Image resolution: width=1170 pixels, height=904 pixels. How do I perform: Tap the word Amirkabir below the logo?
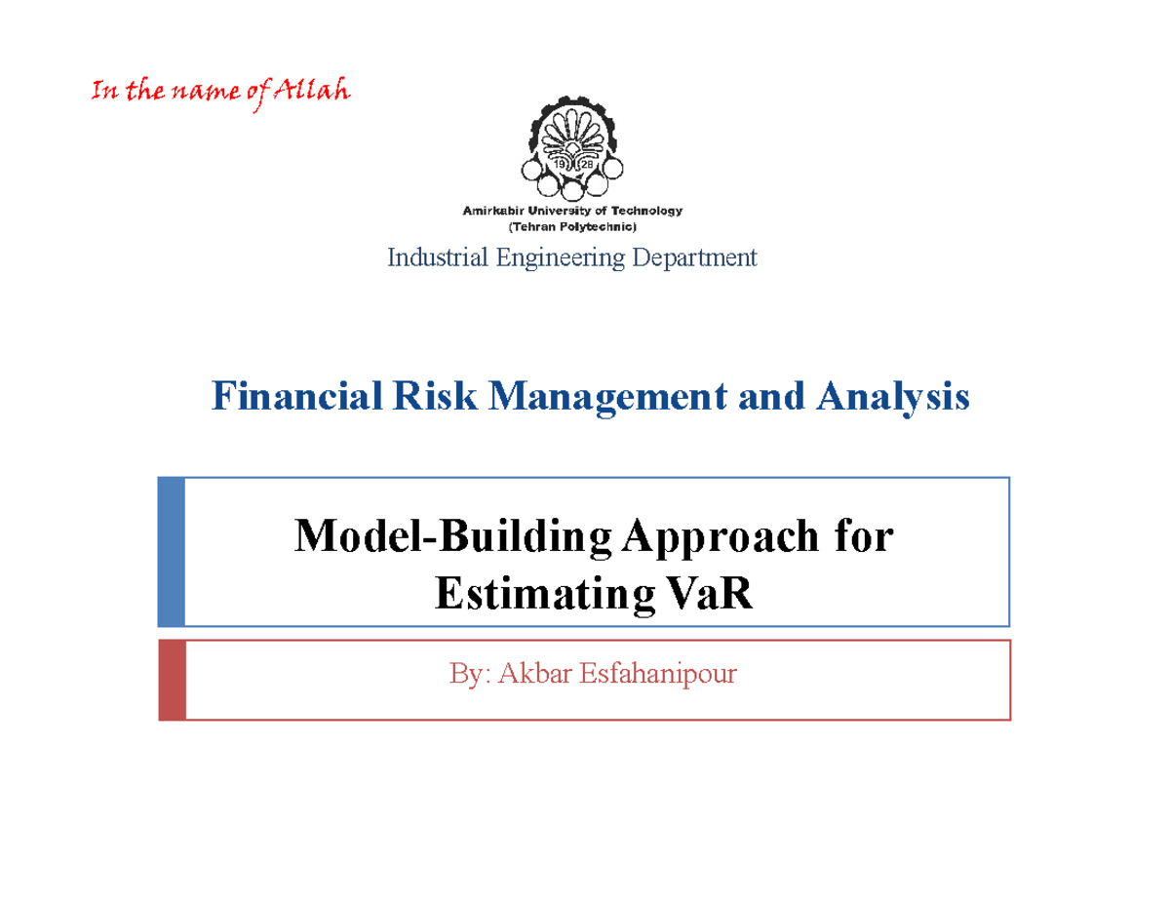[x=491, y=211]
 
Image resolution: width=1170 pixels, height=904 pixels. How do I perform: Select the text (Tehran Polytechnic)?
[x=572, y=226]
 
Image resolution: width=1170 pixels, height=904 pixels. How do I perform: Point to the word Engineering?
[x=551, y=257]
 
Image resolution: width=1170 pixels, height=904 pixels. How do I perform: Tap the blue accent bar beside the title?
[x=171, y=552]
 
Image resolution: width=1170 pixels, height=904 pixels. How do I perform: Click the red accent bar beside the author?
[x=171, y=680]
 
